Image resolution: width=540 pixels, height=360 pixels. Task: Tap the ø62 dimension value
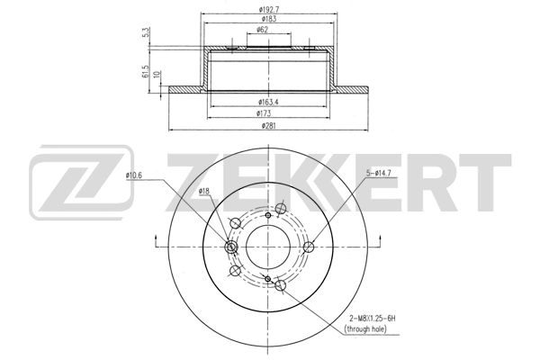coord(263,30)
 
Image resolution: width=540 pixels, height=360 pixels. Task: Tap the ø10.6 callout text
coord(135,175)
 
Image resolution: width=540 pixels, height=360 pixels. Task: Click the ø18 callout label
coord(205,192)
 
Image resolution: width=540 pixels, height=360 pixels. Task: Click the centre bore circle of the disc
coord(268,242)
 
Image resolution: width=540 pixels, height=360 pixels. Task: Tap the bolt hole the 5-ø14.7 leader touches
coord(309,247)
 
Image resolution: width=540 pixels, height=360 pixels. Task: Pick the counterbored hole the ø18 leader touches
coord(230,248)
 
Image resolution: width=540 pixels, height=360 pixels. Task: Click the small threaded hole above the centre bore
coord(269,214)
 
